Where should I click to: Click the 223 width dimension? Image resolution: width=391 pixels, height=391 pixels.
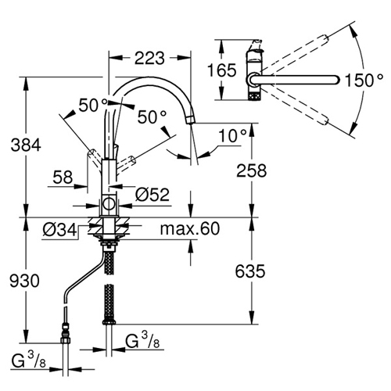click(x=149, y=58)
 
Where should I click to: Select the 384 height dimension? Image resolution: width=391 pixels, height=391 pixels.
click(x=26, y=145)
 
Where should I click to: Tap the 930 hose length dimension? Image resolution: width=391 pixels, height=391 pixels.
click(x=25, y=281)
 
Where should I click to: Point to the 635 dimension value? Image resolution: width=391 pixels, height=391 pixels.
click(x=250, y=271)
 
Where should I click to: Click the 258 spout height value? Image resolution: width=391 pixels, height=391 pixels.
click(x=252, y=170)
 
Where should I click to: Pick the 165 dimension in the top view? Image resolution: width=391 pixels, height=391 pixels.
click(x=222, y=70)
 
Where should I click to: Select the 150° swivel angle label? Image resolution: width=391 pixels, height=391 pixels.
click(x=364, y=80)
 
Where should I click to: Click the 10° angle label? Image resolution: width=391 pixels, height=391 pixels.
click(x=232, y=135)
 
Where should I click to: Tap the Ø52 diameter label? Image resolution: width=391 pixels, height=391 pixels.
click(x=152, y=195)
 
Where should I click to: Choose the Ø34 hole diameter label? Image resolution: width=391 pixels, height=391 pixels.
click(x=59, y=230)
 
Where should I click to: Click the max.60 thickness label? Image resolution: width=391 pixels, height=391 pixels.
click(x=190, y=228)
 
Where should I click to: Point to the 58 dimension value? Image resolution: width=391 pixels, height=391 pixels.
click(x=63, y=178)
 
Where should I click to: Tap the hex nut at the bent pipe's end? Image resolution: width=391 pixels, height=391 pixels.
click(x=65, y=340)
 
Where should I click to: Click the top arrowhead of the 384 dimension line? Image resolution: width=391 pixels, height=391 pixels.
click(x=26, y=84)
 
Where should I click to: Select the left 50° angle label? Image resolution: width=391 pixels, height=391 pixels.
click(x=93, y=106)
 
